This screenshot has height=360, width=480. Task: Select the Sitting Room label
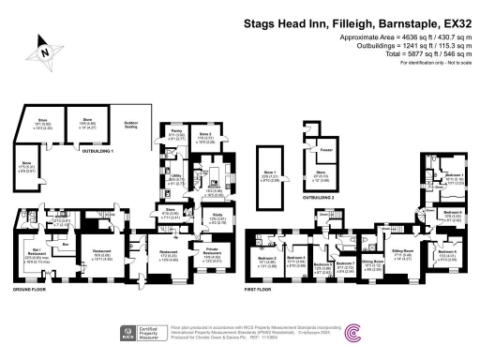(403, 256)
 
